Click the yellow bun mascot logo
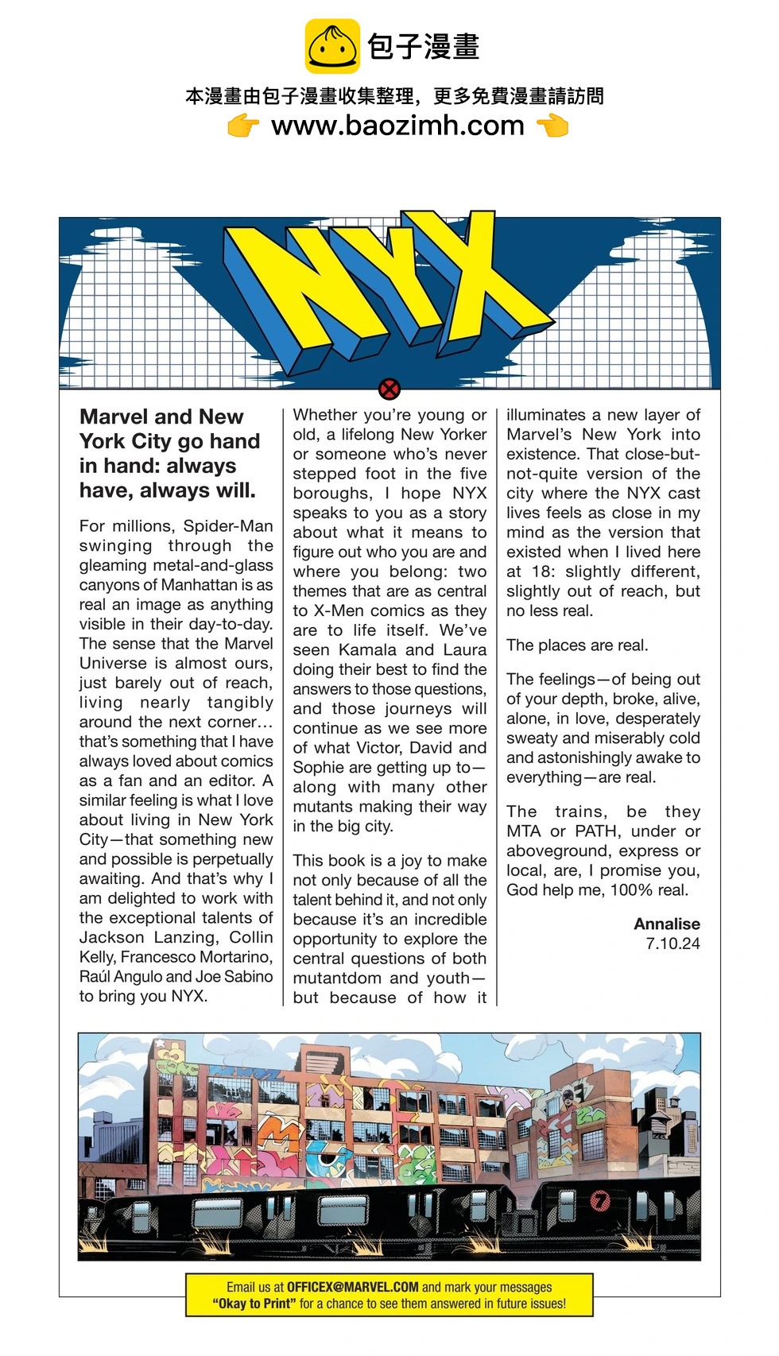point(332,47)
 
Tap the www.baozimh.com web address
point(397,126)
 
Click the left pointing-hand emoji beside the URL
point(243,126)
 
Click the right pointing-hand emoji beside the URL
point(552,126)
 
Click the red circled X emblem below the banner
point(389,389)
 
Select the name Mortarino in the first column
point(231,957)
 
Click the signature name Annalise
point(667,924)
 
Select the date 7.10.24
point(672,944)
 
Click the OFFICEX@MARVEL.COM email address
point(352,1287)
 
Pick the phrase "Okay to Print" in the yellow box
point(254,1304)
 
